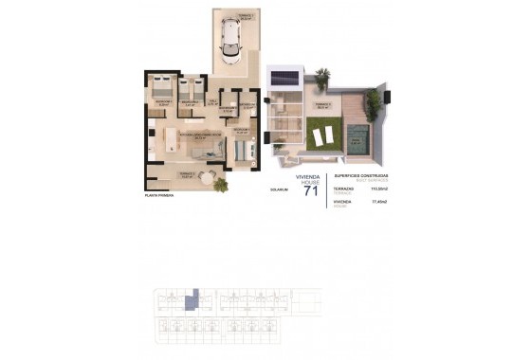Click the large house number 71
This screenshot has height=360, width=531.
tap(309, 191)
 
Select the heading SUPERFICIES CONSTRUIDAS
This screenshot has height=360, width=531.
tap(361, 176)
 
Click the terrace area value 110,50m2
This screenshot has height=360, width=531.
tap(383, 189)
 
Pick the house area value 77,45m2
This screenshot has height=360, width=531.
tap(384, 201)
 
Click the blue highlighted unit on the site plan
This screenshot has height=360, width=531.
tap(191, 301)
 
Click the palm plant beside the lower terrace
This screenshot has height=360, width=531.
tap(221, 185)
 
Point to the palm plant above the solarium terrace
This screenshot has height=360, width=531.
tap(323, 75)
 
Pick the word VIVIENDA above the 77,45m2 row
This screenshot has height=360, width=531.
tap(343, 201)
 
